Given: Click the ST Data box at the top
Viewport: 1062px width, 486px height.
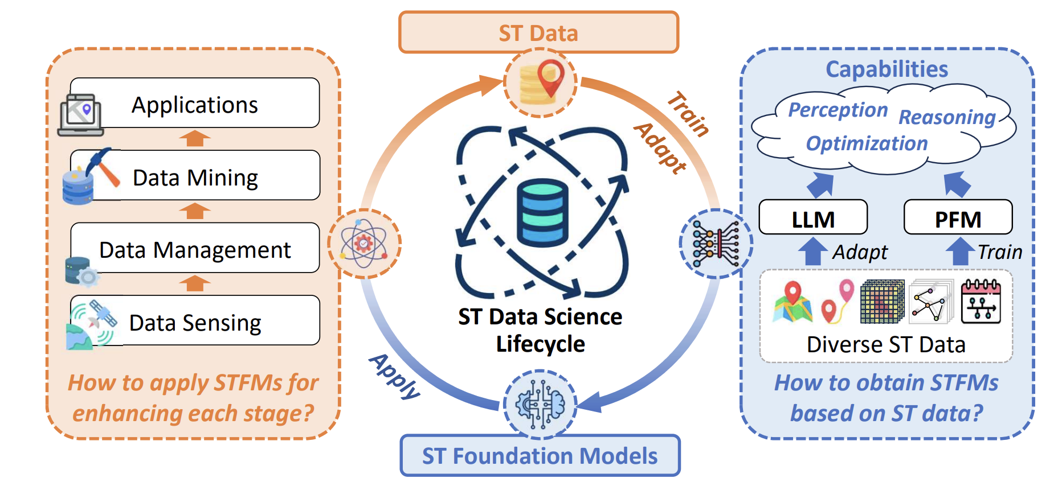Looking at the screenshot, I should (x=538, y=32).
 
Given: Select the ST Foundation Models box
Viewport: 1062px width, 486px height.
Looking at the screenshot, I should (x=540, y=456).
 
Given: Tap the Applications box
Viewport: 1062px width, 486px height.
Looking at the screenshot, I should (x=195, y=104).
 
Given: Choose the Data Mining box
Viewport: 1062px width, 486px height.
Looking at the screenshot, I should (x=195, y=176).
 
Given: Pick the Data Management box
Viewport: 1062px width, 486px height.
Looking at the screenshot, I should (x=195, y=249).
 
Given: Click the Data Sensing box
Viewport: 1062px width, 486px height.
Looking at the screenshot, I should (x=195, y=322).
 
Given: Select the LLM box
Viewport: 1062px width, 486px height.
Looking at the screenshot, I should (x=813, y=218).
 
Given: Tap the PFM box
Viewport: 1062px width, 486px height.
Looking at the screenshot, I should (x=958, y=218).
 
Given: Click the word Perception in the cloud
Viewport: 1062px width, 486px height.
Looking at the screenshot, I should (x=838, y=110).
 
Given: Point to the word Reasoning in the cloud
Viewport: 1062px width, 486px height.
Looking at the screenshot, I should (x=947, y=117).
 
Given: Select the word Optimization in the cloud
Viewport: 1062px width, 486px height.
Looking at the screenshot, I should (x=867, y=143).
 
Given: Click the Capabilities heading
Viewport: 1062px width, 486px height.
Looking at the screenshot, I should (x=887, y=69).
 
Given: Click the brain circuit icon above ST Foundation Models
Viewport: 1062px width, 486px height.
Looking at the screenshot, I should (x=540, y=404).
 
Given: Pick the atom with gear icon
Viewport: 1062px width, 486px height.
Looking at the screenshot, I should (x=363, y=244).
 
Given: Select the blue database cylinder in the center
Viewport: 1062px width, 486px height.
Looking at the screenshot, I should (x=542, y=212).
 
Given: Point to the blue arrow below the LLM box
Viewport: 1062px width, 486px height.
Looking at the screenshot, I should (x=813, y=251).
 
